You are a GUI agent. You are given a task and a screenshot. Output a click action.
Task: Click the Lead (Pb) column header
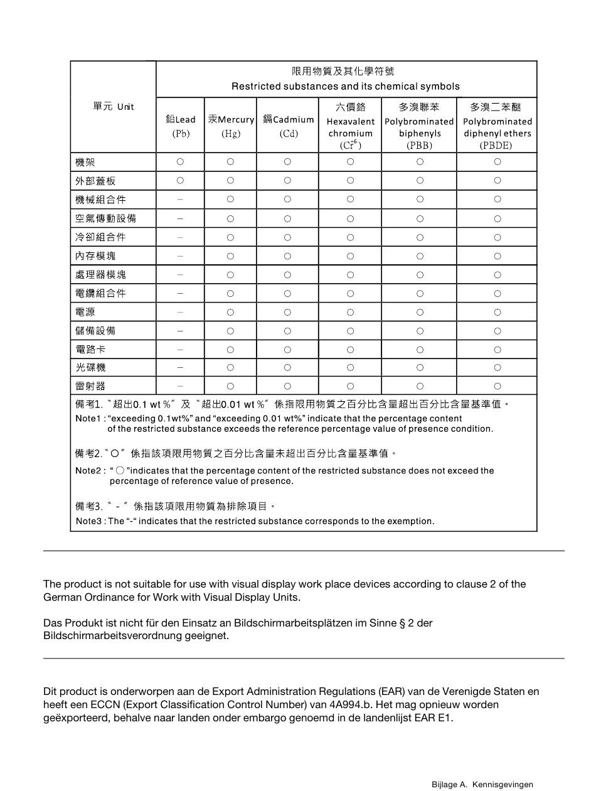[181, 126]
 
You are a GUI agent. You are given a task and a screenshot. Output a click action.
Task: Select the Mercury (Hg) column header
[231, 126]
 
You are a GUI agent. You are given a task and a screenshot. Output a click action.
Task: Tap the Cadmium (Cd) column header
[288, 126]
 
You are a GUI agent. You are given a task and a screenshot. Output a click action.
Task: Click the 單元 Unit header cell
[113, 107]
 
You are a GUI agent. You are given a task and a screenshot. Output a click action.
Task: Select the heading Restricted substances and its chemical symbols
[346, 86]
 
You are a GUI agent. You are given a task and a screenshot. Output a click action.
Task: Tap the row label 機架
[85, 162]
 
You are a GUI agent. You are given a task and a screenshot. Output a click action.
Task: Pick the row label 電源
[85, 312]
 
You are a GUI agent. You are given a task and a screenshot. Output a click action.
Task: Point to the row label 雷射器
[90, 386]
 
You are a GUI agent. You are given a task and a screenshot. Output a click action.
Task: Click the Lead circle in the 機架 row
[181, 162]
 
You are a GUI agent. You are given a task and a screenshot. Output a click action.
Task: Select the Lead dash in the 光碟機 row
[181, 368]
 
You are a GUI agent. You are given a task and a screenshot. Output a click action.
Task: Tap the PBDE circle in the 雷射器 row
[497, 386]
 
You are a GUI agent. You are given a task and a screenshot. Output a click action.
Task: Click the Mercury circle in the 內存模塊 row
[231, 256]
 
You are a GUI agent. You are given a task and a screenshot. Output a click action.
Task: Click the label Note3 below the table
[89, 521]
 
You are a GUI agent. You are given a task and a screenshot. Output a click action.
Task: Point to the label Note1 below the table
[88, 418]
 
